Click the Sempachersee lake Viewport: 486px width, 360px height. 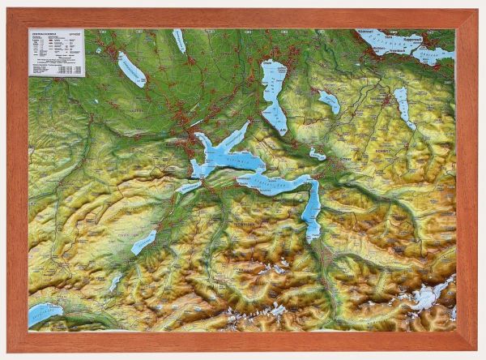pyautogui.click(x=131, y=70)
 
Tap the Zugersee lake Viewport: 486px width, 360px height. pyautogui.click(x=274, y=89)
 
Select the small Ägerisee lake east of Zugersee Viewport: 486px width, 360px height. pyautogui.click(x=329, y=101)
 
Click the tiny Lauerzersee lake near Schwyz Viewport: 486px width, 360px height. pyautogui.click(x=317, y=153)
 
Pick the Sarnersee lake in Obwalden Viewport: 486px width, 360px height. pyautogui.click(x=144, y=241)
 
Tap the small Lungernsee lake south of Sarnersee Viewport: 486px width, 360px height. pyautogui.click(x=116, y=281)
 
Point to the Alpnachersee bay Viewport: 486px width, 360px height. pyautogui.click(x=189, y=187)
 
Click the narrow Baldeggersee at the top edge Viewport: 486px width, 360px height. pyautogui.click(x=179, y=40)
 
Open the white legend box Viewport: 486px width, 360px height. pyautogui.click(x=56, y=53)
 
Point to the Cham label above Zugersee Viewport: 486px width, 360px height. pyautogui.click(x=268, y=62)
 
